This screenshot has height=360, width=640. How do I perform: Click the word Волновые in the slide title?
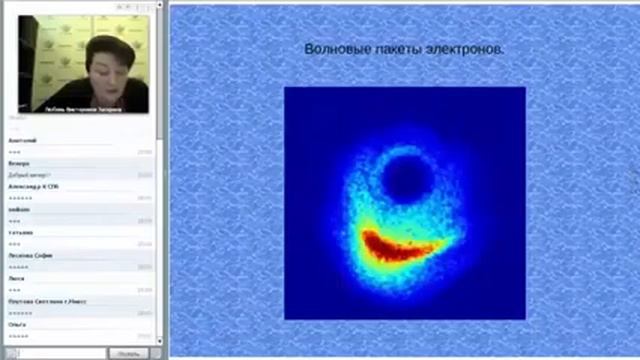pyautogui.click(x=333, y=49)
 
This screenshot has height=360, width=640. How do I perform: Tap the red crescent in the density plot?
pyautogui.click(x=400, y=249)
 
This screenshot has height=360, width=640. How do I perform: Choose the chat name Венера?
pyautogui.click(x=19, y=163)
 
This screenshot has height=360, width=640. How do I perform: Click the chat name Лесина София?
pyautogui.click(x=30, y=255)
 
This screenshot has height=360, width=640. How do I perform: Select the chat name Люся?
pyautogui.click(x=16, y=278)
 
